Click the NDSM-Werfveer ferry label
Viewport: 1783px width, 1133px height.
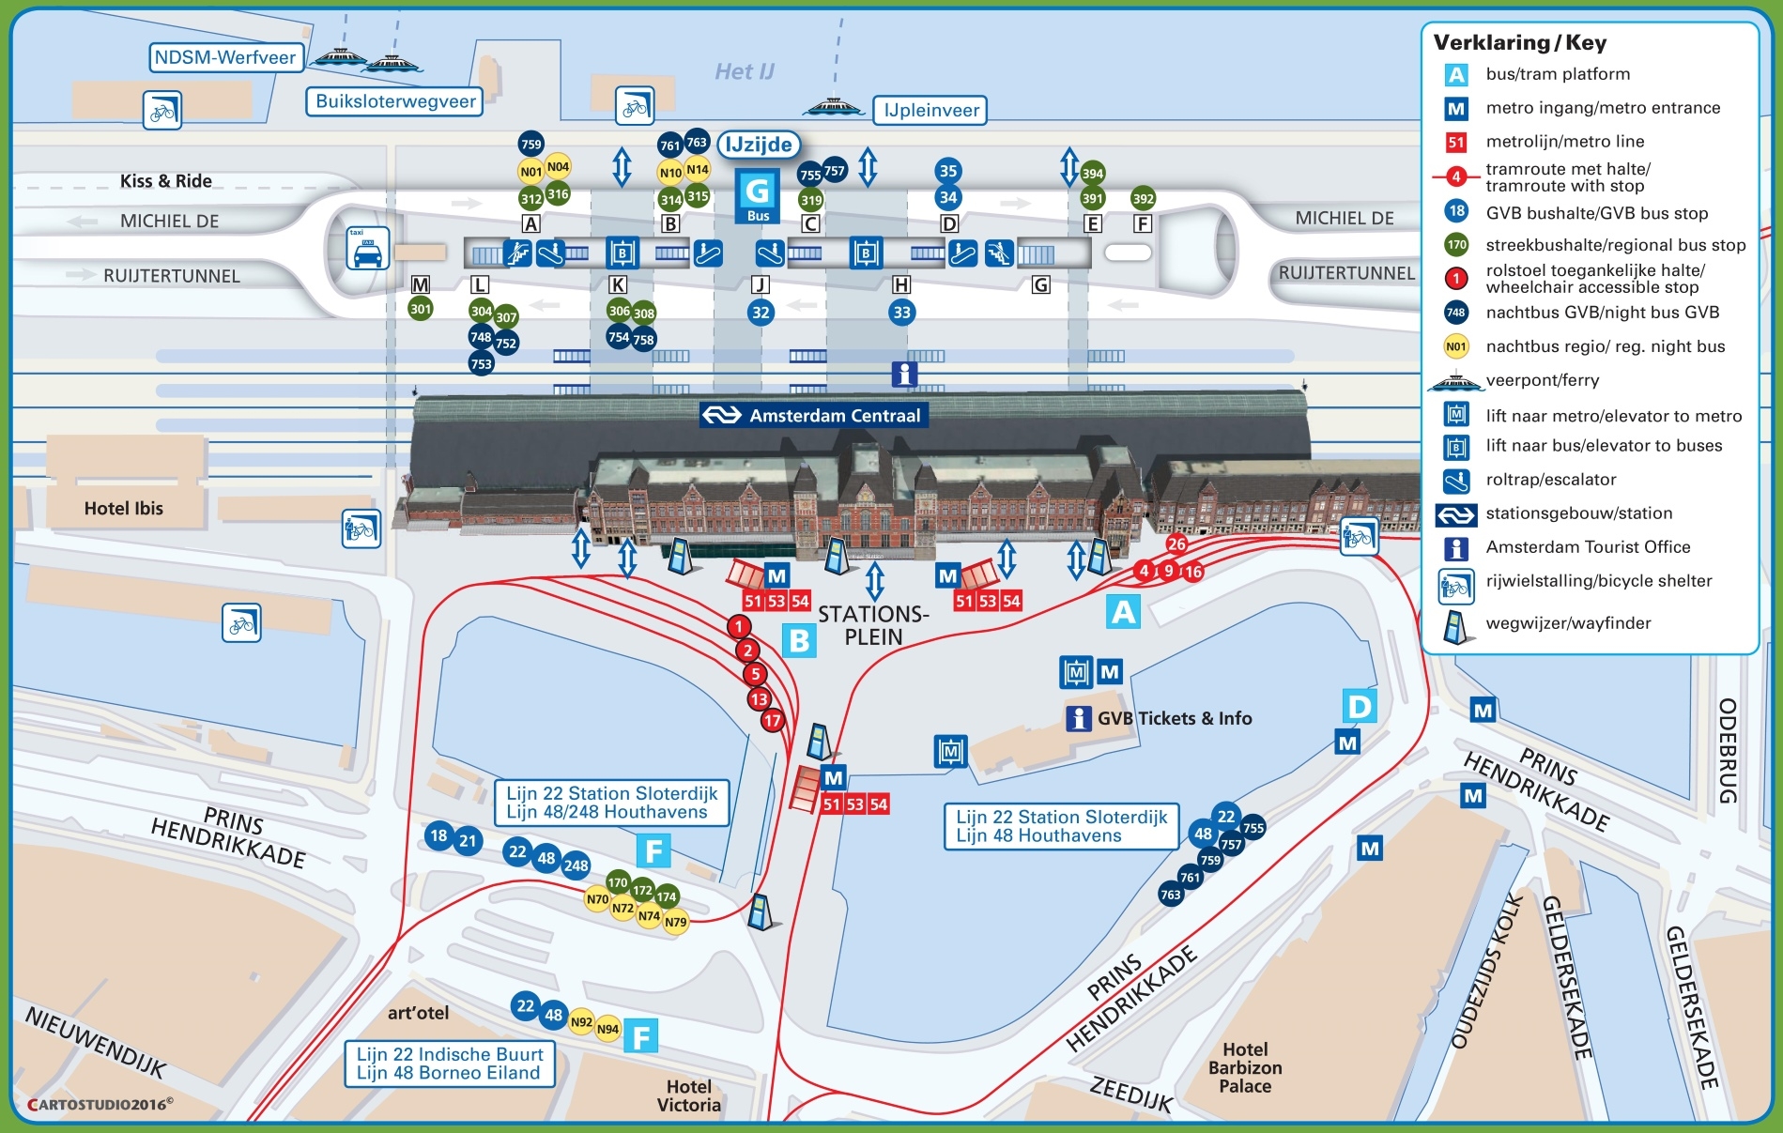226,58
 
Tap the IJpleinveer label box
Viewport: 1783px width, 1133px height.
930,111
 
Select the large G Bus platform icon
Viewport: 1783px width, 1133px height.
757,195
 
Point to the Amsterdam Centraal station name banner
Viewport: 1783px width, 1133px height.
814,415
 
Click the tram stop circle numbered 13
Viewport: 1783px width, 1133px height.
760,698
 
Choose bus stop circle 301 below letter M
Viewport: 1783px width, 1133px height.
421,309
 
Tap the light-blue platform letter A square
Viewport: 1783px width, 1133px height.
1123,612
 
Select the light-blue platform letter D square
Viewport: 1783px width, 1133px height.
1359,706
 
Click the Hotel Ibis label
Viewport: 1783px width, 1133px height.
123,508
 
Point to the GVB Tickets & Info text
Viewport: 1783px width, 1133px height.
1174,718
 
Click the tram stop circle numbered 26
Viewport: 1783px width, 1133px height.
1176,544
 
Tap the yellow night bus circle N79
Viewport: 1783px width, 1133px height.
675,922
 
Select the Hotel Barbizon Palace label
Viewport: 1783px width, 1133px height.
1245,1067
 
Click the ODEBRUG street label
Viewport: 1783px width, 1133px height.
1727,750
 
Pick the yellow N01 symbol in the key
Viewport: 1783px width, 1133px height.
1455,346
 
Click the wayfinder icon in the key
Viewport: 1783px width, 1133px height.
1454,627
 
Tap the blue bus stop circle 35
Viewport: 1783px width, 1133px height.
948,171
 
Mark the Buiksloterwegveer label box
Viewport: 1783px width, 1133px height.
394,101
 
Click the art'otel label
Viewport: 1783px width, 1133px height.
418,1013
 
